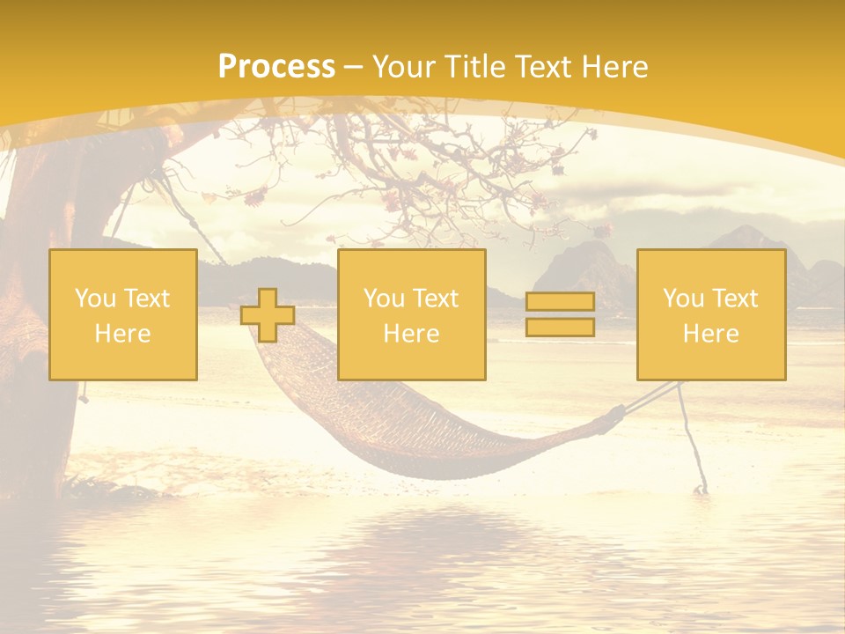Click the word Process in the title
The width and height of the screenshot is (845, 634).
point(276,67)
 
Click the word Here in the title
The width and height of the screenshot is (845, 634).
point(616,67)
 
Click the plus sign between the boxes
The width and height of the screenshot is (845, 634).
point(268,315)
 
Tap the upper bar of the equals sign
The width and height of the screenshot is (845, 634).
point(560,302)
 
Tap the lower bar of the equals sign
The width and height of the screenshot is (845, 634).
point(560,327)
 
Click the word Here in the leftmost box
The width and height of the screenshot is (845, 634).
point(122,334)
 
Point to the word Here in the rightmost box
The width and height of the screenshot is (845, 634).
point(710,334)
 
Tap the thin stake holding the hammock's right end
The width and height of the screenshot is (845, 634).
point(693,440)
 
